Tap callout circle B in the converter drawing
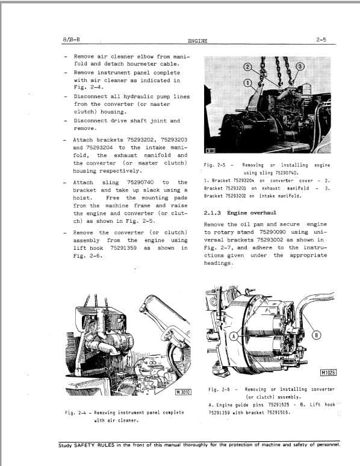[318, 335]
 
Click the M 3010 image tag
[183, 392]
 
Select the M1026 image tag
[328, 372]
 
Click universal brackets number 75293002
[265, 240]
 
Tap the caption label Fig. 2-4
[75, 412]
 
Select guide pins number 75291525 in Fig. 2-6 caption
[278, 405]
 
